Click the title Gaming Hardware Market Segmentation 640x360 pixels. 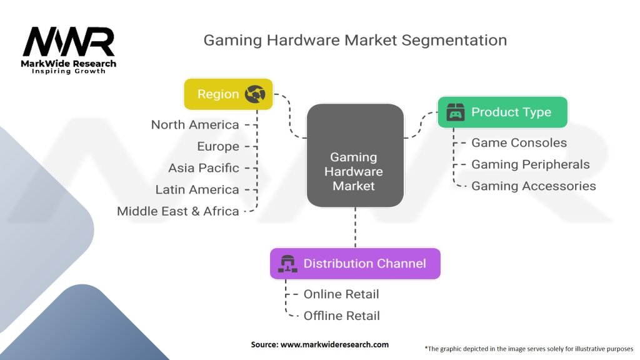(355, 41)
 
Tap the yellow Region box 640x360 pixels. (228, 94)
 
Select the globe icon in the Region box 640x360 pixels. (255, 94)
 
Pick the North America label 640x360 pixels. (195, 125)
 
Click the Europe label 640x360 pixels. (218, 146)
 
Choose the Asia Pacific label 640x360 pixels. (204, 167)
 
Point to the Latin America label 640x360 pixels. (197, 189)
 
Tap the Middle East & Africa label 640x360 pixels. (178, 211)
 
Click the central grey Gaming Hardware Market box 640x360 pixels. (354, 156)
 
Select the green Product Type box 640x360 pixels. (502, 112)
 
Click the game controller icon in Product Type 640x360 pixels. (456, 112)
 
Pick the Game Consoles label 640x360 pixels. (519, 142)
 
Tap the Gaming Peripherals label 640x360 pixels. (530, 164)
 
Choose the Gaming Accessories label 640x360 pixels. (533, 186)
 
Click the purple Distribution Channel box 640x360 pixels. (354, 263)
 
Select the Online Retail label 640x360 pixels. (341, 294)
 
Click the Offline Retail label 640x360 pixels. (341, 316)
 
